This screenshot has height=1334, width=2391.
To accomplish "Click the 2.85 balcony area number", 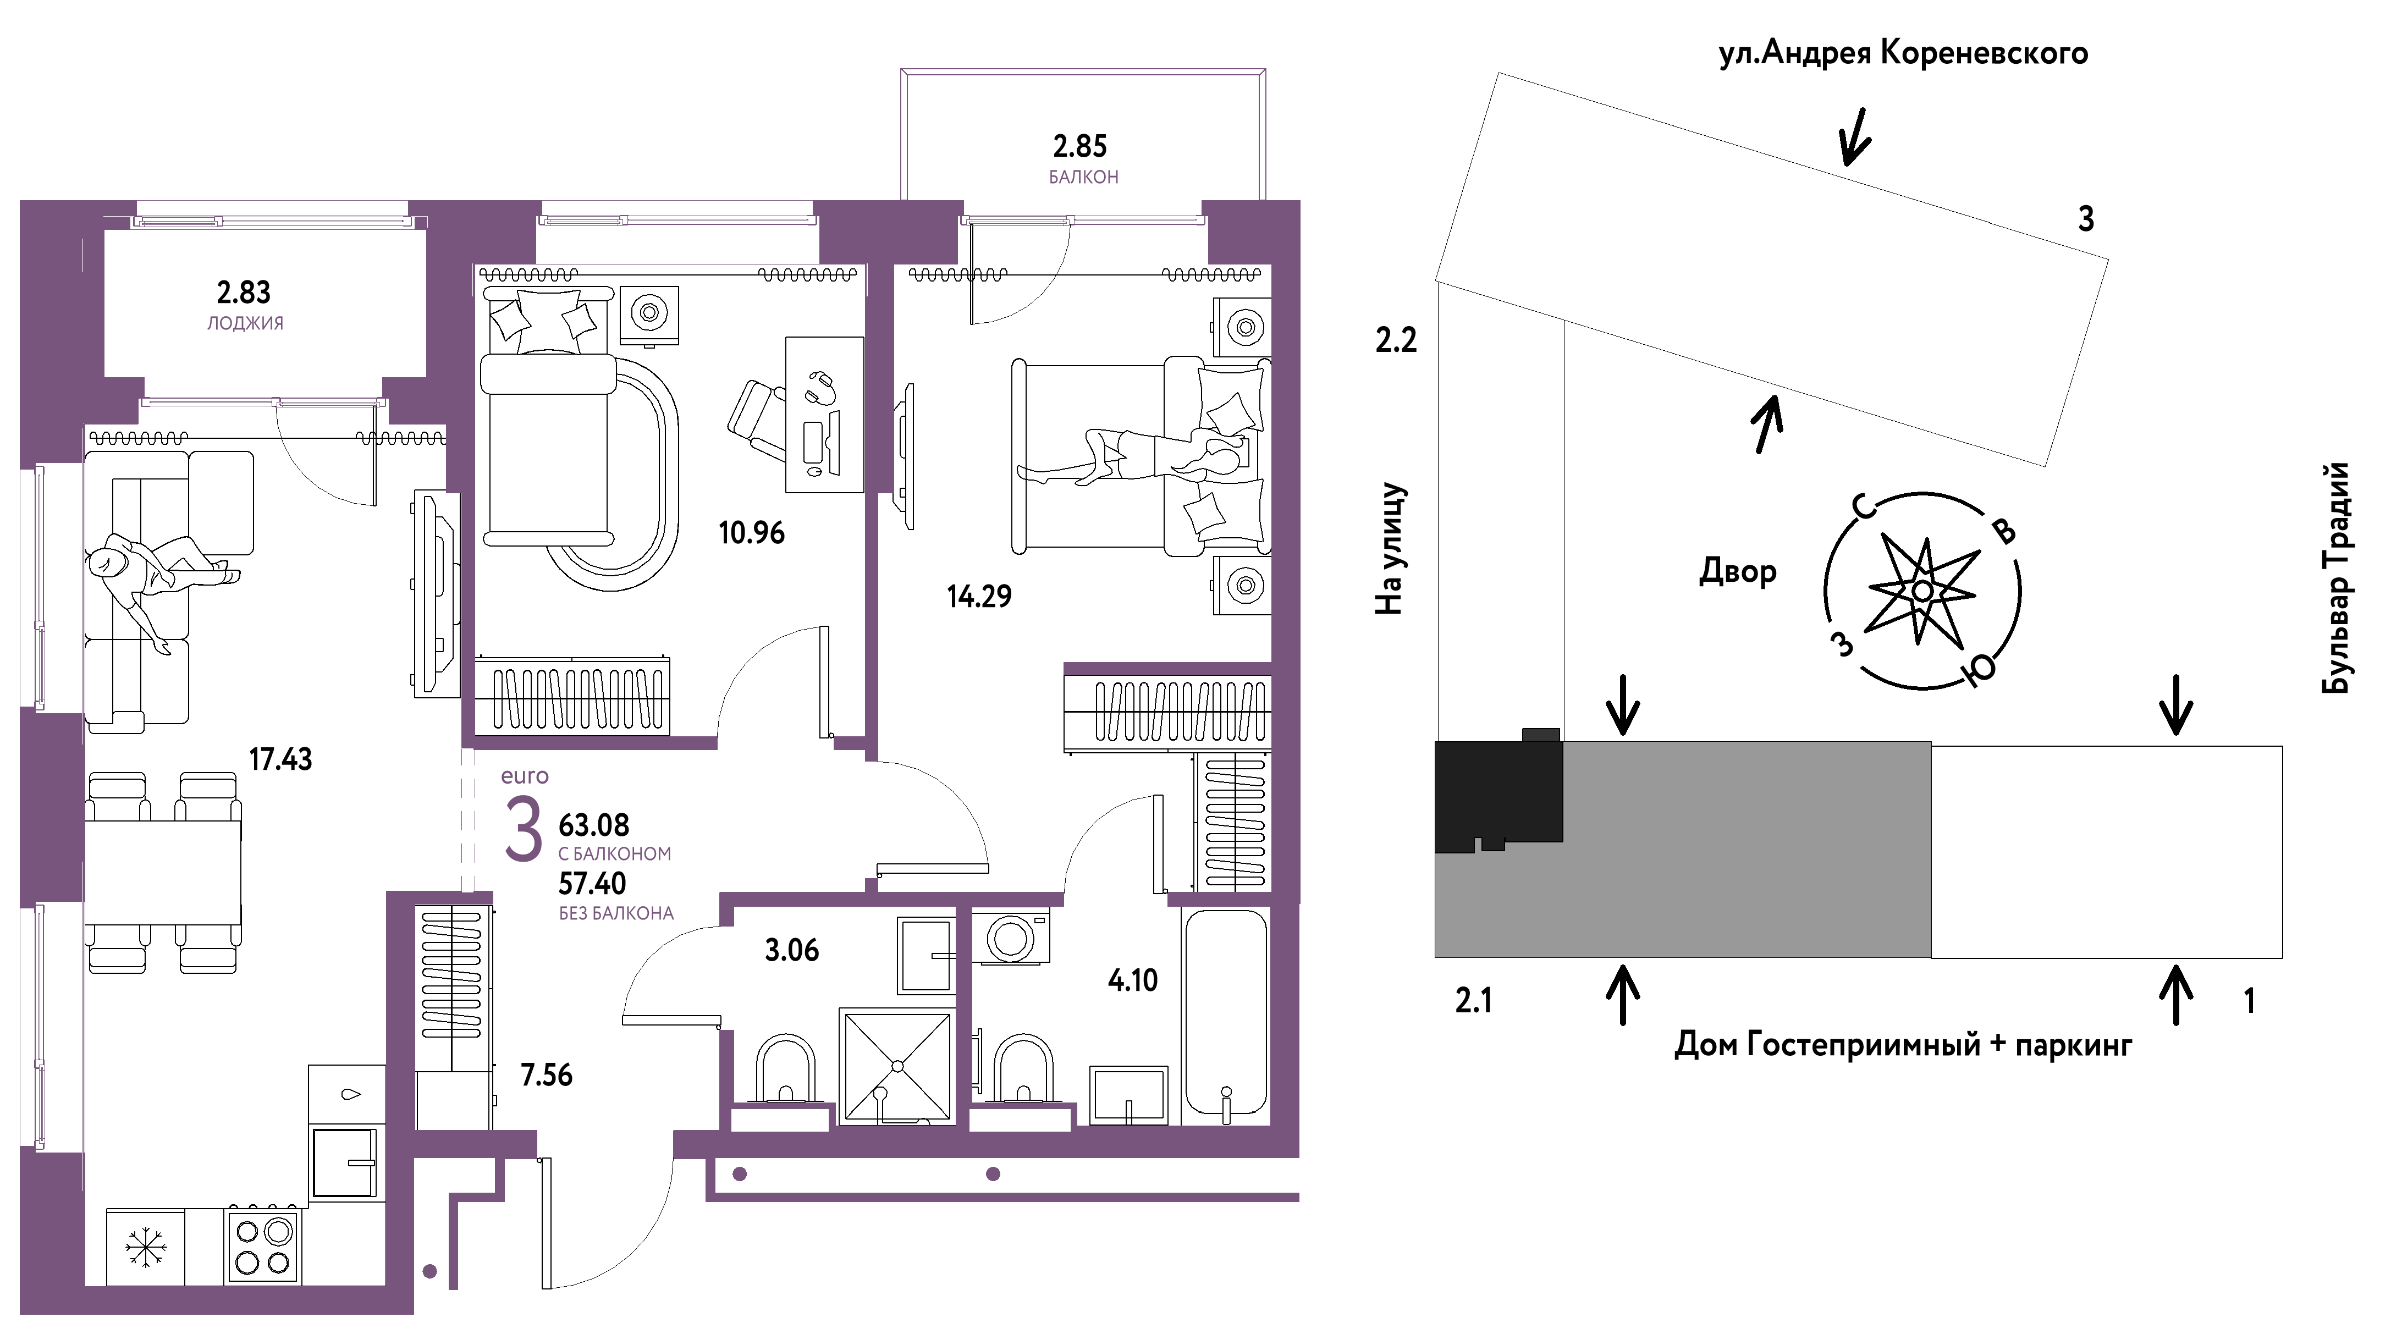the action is pos(1079,146).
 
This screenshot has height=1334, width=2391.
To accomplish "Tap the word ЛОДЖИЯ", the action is pos(245,323).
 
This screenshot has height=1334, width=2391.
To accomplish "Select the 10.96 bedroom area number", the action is pos(751,533).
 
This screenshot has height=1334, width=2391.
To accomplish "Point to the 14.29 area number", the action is pos(979,596).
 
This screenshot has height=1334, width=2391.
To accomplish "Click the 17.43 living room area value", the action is pos(280,759).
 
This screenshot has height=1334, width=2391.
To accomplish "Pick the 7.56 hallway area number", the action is pos(547,1075).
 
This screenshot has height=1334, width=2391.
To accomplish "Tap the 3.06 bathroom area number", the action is pos(792,950).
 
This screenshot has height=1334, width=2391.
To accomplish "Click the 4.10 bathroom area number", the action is pos(1132,980).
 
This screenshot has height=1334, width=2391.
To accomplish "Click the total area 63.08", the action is pos(594,825).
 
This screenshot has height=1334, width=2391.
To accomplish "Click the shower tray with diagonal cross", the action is pos(896,1066).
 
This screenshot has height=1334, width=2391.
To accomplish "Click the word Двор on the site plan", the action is pos(1738,570).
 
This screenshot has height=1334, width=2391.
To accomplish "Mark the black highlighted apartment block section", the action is pos(1497,793).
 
